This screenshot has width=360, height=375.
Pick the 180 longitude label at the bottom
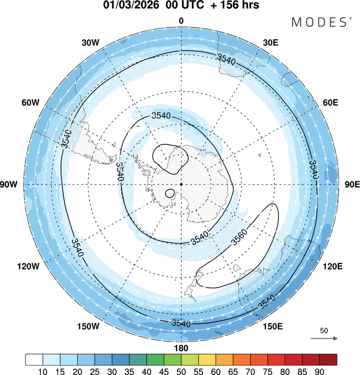pos(181,348)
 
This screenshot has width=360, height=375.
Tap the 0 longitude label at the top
pos(181,21)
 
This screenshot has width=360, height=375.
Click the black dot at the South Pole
pos(181,184)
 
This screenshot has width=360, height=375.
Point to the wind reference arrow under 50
pos(324,339)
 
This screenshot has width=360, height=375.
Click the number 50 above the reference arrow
pos(324,331)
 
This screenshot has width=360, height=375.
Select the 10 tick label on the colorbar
pos(43,370)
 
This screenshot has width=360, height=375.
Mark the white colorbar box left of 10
pos(34,359)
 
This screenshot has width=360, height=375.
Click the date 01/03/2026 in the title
pos(128,6)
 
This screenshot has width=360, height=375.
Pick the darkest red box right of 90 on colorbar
pos(328,359)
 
